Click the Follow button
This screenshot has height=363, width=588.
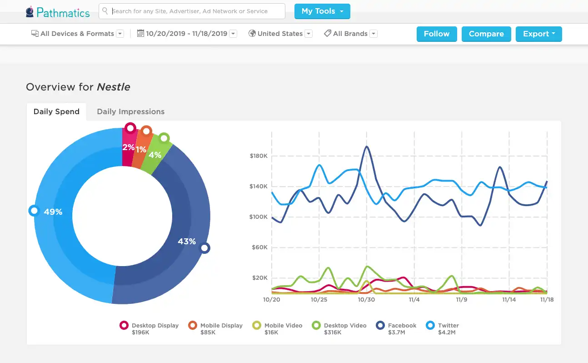coord(437,34)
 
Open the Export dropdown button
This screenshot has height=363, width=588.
coord(538,34)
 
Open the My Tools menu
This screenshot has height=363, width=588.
coord(322,11)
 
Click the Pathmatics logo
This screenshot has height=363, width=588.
coord(58,12)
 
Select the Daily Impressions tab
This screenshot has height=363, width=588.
coord(131,111)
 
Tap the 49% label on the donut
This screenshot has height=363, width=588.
coord(53,212)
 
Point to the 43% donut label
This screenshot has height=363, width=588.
coord(187,241)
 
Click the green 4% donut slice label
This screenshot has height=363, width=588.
coord(155,155)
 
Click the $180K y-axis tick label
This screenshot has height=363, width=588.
coord(259,156)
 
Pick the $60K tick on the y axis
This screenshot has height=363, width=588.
coord(259,247)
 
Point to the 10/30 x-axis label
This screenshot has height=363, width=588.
coord(366,300)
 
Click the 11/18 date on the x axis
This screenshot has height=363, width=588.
coord(547,300)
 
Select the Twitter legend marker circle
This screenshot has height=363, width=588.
coord(430,325)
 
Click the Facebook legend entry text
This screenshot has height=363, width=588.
coord(402,325)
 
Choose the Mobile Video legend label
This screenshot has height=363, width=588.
coord(283,325)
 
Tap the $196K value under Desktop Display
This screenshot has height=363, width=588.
coord(140,333)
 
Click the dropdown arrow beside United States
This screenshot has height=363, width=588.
coord(309,34)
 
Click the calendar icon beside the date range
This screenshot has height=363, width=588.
coord(140,33)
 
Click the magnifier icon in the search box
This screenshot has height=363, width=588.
coord(105,11)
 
